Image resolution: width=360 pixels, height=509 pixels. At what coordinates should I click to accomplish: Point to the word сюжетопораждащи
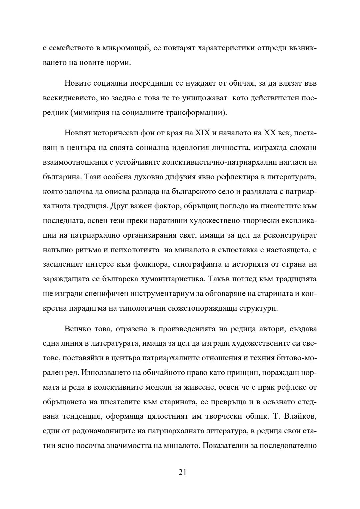click(203, 308)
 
